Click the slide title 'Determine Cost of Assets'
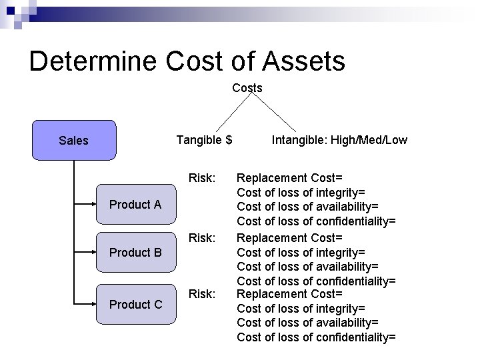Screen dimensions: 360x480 click(187, 61)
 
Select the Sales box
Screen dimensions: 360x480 click(74, 140)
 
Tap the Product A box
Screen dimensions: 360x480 click(135, 205)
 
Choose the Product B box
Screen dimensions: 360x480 click(135, 253)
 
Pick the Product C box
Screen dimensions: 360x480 click(135, 305)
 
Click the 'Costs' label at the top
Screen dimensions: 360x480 click(247, 87)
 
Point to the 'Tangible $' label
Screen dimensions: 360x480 click(204, 139)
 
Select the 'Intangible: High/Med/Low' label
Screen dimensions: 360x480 click(339, 139)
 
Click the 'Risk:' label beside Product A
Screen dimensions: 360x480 click(202, 178)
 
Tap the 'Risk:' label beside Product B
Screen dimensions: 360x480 click(202, 237)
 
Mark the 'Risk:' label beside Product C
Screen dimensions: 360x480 click(202, 293)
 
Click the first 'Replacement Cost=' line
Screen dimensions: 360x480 click(290, 178)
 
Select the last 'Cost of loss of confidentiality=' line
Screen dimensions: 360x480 click(316, 337)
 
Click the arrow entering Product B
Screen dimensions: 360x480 click(85, 253)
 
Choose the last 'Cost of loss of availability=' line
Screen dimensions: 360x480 click(307, 323)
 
